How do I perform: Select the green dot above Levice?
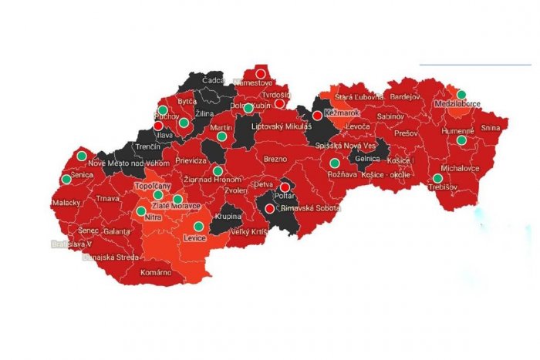point(198,227)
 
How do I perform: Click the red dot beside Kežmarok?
point(317,115)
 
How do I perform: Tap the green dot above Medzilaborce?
point(461,95)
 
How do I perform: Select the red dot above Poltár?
point(285,187)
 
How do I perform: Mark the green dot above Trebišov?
point(437,178)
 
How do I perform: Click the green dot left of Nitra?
point(141,210)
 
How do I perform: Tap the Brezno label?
point(275,159)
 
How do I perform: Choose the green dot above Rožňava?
point(334,163)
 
